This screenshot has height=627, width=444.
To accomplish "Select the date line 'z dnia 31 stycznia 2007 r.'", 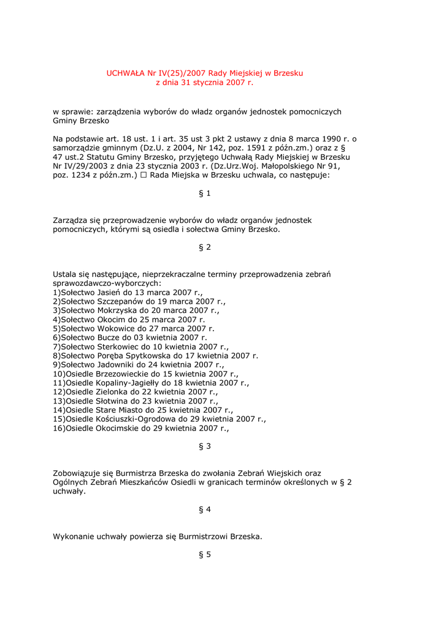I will tap(204, 82).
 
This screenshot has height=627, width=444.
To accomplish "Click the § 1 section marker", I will tap(205, 193).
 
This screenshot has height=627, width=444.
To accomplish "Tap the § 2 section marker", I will tap(205, 247).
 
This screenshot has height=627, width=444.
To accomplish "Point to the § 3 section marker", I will tap(205, 446).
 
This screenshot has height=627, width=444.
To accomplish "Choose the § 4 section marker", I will tap(205, 509).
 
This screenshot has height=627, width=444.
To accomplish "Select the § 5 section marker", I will tap(205, 555).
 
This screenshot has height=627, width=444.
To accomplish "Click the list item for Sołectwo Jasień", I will tap(128, 293).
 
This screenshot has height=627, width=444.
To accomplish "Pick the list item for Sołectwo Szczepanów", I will tap(139, 302).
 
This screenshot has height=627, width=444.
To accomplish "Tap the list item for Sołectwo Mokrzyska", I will tap(136, 310).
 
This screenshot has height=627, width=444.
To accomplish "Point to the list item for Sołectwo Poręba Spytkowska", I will tap(156, 355).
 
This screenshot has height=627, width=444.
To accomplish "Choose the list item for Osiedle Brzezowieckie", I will tap(146, 374).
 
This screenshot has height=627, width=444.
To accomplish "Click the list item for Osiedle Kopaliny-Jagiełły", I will tap(151, 383).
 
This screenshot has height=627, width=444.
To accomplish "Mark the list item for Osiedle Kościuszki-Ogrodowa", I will tap(159, 419).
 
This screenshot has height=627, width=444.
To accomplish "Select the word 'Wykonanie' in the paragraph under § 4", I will tap(73, 536).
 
